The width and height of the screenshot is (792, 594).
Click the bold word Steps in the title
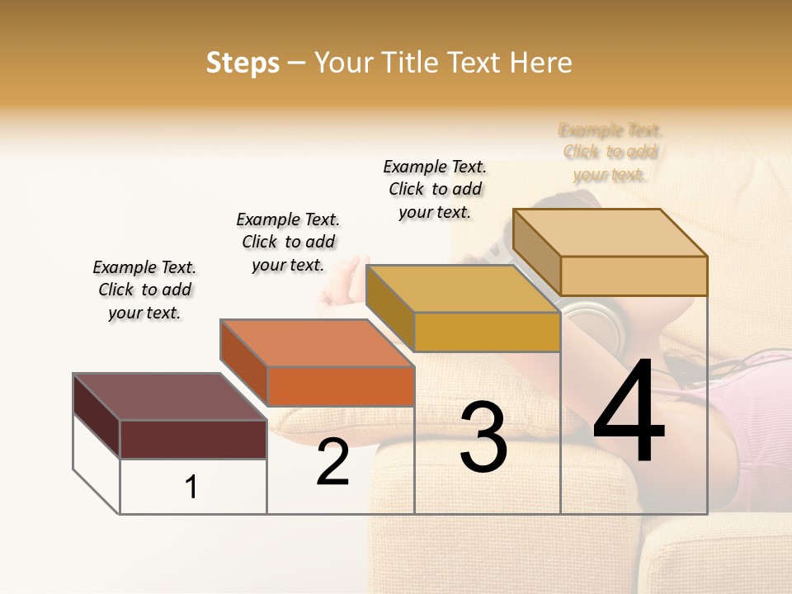(x=243, y=63)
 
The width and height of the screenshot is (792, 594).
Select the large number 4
(x=629, y=415)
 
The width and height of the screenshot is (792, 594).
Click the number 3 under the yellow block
(x=483, y=436)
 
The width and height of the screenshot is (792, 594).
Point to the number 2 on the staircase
(x=332, y=463)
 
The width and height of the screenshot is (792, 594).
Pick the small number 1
(x=191, y=488)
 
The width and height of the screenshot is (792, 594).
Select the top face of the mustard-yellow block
(x=462, y=288)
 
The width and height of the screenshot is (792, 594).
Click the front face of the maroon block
(x=193, y=439)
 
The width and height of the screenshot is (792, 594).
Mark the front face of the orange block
(x=340, y=386)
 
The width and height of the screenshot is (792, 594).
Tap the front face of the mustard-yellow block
(x=487, y=332)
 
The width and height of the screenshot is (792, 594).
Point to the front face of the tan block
(x=634, y=276)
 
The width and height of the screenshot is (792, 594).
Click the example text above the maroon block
(x=144, y=290)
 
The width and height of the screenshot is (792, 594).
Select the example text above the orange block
(x=288, y=242)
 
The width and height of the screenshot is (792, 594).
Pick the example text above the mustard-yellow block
(x=435, y=189)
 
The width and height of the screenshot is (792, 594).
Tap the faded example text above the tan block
(x=610, y=152)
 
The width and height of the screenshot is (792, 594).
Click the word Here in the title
(x=541, y=63)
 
